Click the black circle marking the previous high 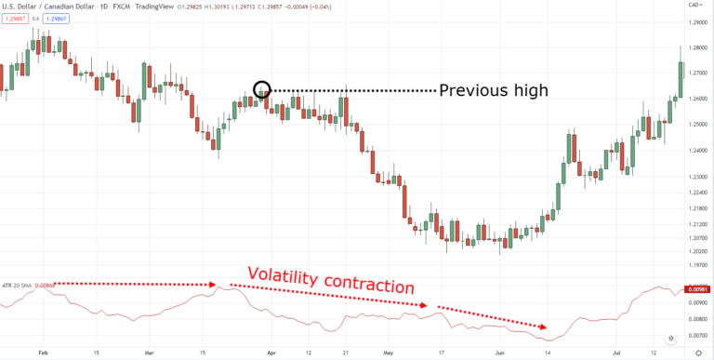point(261,90)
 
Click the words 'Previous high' point(494,90)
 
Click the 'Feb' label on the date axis point(40,352)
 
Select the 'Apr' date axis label point(271,352)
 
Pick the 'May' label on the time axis point(388,352)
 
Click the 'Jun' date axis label point(500,352)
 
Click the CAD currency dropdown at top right point(696,5)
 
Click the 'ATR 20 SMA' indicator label point(20,285)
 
